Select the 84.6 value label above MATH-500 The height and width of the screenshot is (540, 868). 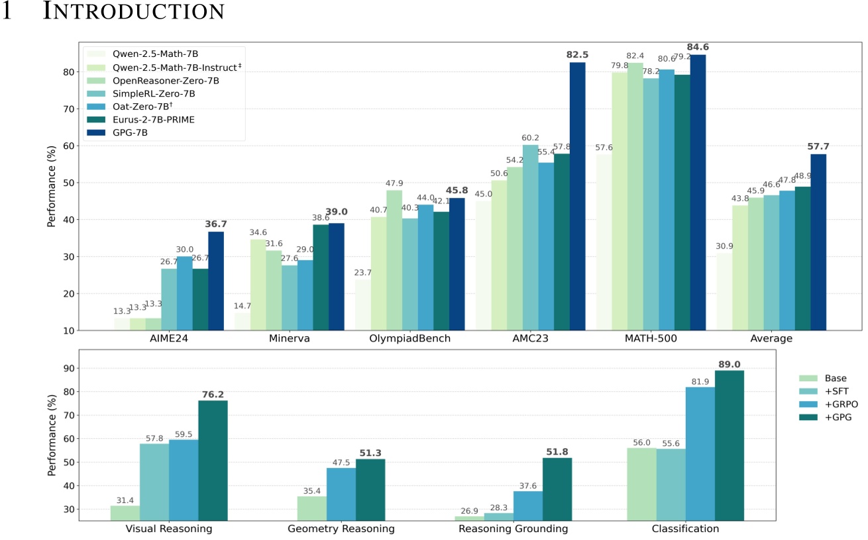point(698,47)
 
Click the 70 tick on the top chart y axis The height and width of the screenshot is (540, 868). point(68,109)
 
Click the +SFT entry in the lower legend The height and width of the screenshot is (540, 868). point(834,392)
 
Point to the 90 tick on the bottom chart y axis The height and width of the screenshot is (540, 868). point(68,369)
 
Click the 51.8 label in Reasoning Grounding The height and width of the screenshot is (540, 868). point(557,452)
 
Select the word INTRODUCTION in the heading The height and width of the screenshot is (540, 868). point(133,12)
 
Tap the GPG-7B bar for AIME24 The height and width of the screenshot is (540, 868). point(216,281)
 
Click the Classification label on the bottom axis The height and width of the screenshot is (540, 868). point(685,529)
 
